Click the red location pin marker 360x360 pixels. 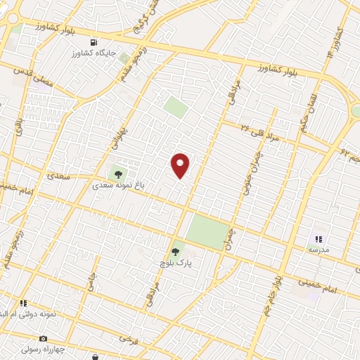181,165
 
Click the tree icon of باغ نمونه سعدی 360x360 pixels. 117,172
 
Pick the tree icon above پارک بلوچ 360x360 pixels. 176,250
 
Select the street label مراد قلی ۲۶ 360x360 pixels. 259,131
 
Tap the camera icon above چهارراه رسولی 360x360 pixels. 42,338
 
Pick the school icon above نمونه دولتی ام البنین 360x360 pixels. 23,303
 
